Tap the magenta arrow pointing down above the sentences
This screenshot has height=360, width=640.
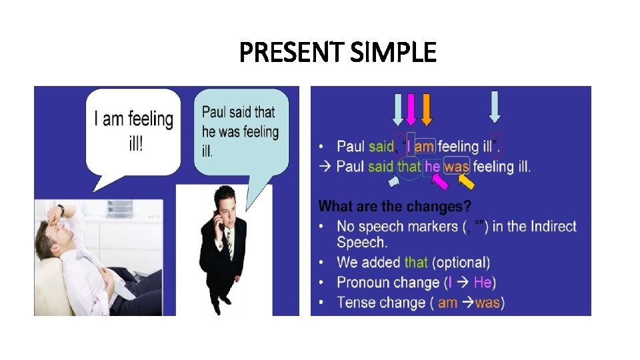(411, 109)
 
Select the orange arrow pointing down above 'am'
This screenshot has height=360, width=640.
(427, 109)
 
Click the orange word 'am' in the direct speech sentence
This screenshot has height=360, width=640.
(425, 146)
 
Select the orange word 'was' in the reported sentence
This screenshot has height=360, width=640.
(457, 166)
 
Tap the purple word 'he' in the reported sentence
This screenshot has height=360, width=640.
(433, 166)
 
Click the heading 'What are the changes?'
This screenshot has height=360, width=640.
(390, 206)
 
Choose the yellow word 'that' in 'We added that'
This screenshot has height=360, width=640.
(416, 263)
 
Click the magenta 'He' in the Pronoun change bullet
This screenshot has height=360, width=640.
(483, 283)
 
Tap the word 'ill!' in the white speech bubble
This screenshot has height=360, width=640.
(135, 144)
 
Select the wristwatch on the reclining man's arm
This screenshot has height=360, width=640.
(61, 211)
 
